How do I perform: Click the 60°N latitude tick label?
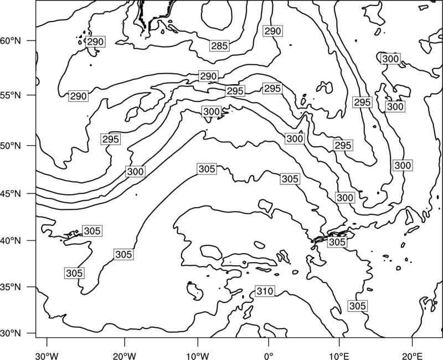click(x=11, y=41)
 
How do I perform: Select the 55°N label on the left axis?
click(x=11, y=95)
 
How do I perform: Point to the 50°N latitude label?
click(x=11, y=146)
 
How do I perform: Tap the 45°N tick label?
click(x=11, y=194)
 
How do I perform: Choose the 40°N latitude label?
click(x=11, y=241)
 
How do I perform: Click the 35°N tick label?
click(x=11, y=287)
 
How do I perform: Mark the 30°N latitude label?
click(x=11, y=333)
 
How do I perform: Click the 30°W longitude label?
click(x=47, y=356)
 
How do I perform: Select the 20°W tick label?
click(x=124, y=356)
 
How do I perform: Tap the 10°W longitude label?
click(x=198, y=356)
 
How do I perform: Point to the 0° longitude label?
click(x=269, y=356)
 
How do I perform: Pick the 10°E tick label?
click(x=339, y=356)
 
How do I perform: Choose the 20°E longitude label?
click(x=412, y=356)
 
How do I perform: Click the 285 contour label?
click(x=219, y=46)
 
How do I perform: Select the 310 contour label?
click(x=265, y=291)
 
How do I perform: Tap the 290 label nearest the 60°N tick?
click(x=95, y=42)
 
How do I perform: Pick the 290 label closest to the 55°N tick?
click(x=78, y=96)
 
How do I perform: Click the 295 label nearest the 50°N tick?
click(x=111, y=140)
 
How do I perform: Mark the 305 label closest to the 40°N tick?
click(x=92, y=231)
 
